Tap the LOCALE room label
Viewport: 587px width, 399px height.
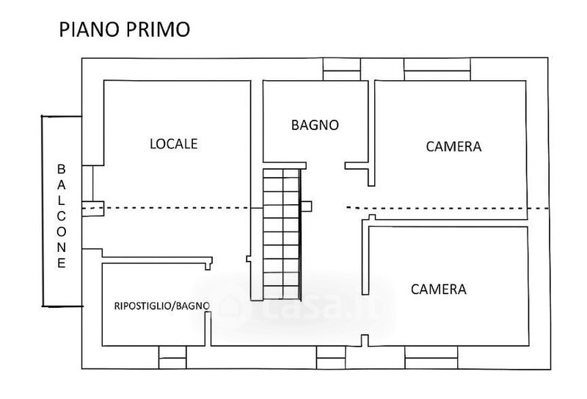174,144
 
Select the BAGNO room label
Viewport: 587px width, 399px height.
315,125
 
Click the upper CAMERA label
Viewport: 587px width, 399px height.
453,146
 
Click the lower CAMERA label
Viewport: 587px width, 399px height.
438,289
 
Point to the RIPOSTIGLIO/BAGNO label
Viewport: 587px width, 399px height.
161,306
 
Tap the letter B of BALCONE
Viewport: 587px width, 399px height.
62,169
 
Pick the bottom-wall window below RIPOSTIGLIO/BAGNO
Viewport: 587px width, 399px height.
173,358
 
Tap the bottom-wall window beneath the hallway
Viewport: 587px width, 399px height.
330,358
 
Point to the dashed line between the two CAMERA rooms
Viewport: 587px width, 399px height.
448,209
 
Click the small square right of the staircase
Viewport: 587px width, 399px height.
307,206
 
